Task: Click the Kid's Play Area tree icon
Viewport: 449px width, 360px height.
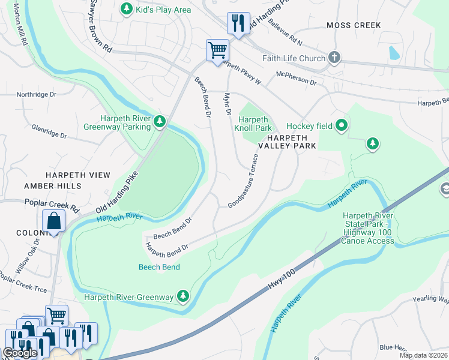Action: point(126,8)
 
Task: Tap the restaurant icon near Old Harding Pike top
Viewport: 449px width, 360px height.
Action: point(238,24)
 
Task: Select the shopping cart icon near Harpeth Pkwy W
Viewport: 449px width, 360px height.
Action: point(217,50)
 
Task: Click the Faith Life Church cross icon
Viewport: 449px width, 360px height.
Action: point(334,58)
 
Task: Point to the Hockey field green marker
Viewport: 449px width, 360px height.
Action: point(342,126)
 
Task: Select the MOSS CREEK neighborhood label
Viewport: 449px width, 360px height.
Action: point(354,25)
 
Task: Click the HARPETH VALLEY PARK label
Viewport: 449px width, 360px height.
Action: point(287,141)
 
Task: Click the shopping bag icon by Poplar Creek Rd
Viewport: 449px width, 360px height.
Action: point(53,220)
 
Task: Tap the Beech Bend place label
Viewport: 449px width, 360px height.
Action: point(159,267)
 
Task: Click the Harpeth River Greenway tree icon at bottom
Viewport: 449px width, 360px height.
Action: point(183,296)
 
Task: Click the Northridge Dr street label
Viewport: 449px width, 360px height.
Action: point(36,95)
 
